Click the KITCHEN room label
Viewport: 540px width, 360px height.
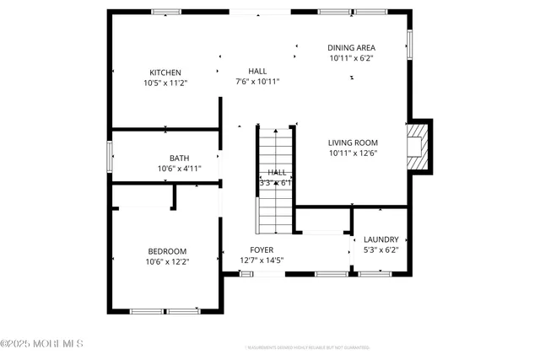(165, 73)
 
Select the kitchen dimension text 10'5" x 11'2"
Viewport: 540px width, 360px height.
(165, 83)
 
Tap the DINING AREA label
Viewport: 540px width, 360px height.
(351, 47)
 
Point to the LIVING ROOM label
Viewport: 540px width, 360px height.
(353, 142)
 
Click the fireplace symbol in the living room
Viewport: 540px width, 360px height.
(418, 146)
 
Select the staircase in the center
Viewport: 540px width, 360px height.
(275, 180)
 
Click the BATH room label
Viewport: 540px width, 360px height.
(179, 158)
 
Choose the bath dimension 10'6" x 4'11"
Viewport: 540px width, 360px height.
(179, 169)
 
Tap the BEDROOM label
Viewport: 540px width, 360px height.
(167, 251)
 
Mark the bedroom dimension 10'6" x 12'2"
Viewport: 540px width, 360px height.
(167, 261)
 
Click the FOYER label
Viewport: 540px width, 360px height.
(262, 250)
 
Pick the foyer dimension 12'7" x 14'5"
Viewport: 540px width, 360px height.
(262, 260)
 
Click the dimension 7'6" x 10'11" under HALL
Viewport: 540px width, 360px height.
(257, 82)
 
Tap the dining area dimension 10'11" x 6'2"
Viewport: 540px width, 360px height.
(351, 58)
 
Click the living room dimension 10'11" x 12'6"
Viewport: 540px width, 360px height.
(353, 153)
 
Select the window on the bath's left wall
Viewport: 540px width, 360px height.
(110, 156)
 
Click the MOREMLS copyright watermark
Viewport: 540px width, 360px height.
(42, 344)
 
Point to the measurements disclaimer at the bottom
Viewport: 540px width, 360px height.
(307, 347)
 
